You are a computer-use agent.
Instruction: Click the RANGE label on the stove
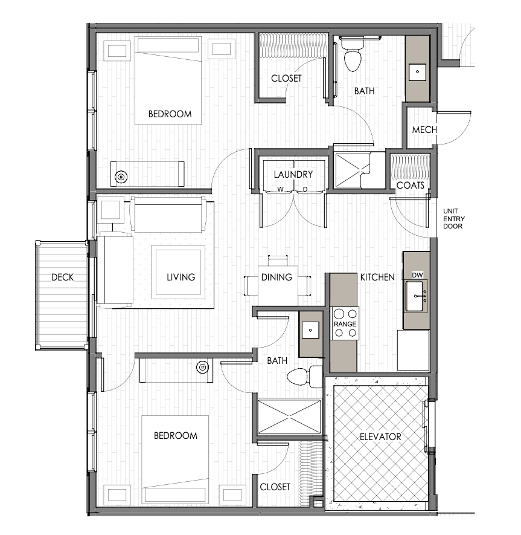tap(345, 324)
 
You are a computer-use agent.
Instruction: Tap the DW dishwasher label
tap(417, 275)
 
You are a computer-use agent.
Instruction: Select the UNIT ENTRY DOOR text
tap(453, 219)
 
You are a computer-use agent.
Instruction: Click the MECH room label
tap(424, 129)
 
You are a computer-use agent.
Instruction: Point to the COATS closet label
tap(411, 185)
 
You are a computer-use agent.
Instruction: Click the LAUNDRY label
tap(293, 174)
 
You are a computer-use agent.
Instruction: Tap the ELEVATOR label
tap(380, 436)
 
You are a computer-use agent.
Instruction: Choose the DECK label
tap(62, 277)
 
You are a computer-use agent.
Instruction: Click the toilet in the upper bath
tap(353, 54)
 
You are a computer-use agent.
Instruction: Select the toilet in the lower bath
tap(304, 377)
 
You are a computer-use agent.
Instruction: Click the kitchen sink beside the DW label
tap(415, 296)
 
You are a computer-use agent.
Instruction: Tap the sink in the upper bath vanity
tap(417, 72)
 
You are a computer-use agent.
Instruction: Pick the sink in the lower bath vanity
tap(310, 330)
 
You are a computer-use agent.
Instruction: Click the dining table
tap(278, 286)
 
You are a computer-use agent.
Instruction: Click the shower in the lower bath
tap(289, 417)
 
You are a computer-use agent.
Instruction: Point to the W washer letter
tap(281, 189)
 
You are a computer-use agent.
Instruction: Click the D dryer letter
tap(305, 189)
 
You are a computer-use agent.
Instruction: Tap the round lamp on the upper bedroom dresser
tap(121, 177)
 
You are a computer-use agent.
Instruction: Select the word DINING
tap(276, 277)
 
